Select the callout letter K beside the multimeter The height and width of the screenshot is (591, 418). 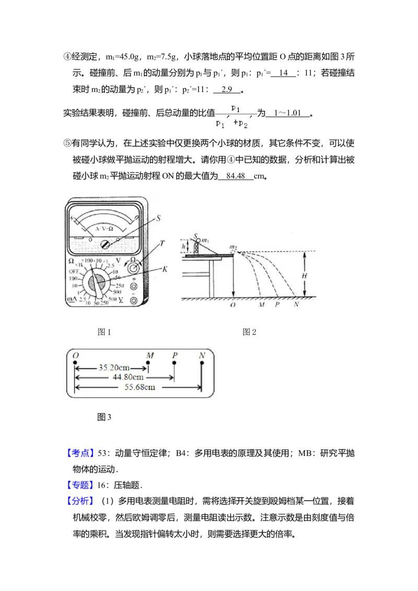coord(165,269)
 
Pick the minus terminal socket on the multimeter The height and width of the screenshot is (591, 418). coord(134,300)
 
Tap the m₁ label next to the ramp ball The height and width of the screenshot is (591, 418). coord(205,240)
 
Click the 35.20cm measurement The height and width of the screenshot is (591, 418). coord(111,367)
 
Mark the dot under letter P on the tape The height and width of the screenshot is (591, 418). coord(174,361)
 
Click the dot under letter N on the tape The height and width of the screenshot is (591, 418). coord(202,361)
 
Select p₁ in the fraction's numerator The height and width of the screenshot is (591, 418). coord(236,108)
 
